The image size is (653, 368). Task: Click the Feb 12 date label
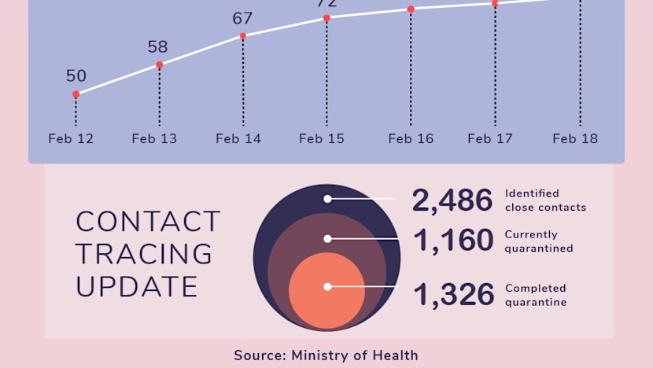(71, 139)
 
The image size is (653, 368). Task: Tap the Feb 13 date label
(154, 139)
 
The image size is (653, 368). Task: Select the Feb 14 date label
(238, 139)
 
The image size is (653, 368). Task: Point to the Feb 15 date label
(322, 139)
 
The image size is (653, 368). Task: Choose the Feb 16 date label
(411, 139)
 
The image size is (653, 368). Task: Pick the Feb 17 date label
(490, 139)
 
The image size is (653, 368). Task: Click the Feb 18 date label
(575, 139)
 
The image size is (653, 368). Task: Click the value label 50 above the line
(76, 76)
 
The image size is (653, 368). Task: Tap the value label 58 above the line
(158, 46)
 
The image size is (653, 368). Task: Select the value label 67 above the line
(242, 18)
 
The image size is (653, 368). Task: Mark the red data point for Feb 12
(76, 94)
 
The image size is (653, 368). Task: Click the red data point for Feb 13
(159, 64)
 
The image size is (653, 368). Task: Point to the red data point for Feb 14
(243, 35)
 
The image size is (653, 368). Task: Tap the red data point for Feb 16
(411, 9)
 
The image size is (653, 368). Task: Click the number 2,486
(452, 201)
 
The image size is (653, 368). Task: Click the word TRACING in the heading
(144, 254)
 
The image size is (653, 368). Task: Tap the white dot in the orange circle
(327, 287)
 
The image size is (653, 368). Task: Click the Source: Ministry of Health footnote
(326, 355)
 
